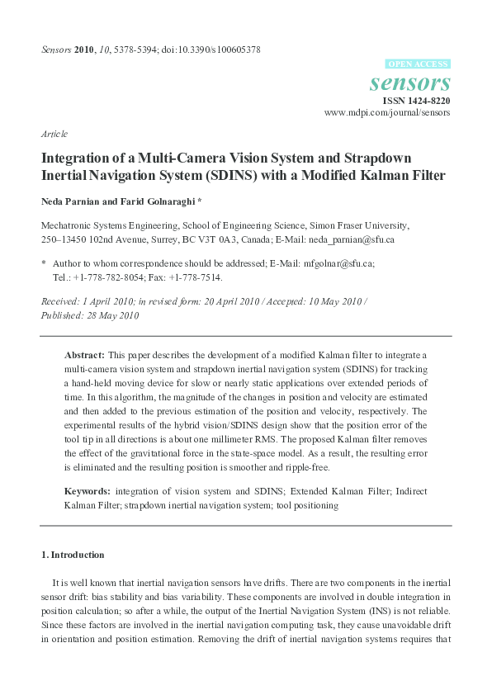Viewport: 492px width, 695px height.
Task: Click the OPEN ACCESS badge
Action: pyautogui.click(x=418, y=64)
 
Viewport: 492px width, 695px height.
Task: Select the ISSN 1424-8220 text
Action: pyautogui.click(x=416, y=101)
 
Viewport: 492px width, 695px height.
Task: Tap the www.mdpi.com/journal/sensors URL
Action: pyautogui.click(x=387, y=113)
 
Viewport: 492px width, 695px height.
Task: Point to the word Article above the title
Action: pyautogui.click(x=54, y=134)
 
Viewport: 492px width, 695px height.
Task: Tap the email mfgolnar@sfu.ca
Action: pyautogui.click(x=338, y=263)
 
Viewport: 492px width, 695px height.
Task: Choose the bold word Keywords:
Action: pyautogui.click(x=88, y=491)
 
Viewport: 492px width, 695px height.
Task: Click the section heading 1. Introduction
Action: pyautogui.click(x=73, y=554)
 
